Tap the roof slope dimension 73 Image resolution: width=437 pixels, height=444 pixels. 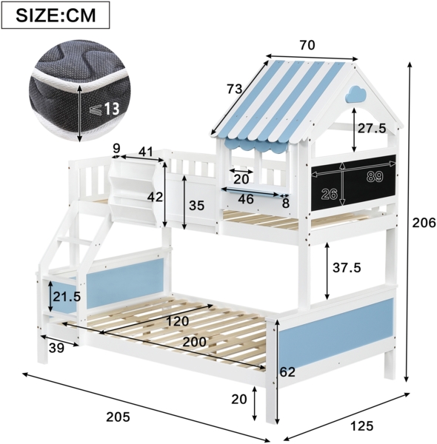(235, 89)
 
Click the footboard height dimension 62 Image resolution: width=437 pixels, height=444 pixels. (287, 371)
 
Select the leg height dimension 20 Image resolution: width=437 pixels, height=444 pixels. (238, 400)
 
